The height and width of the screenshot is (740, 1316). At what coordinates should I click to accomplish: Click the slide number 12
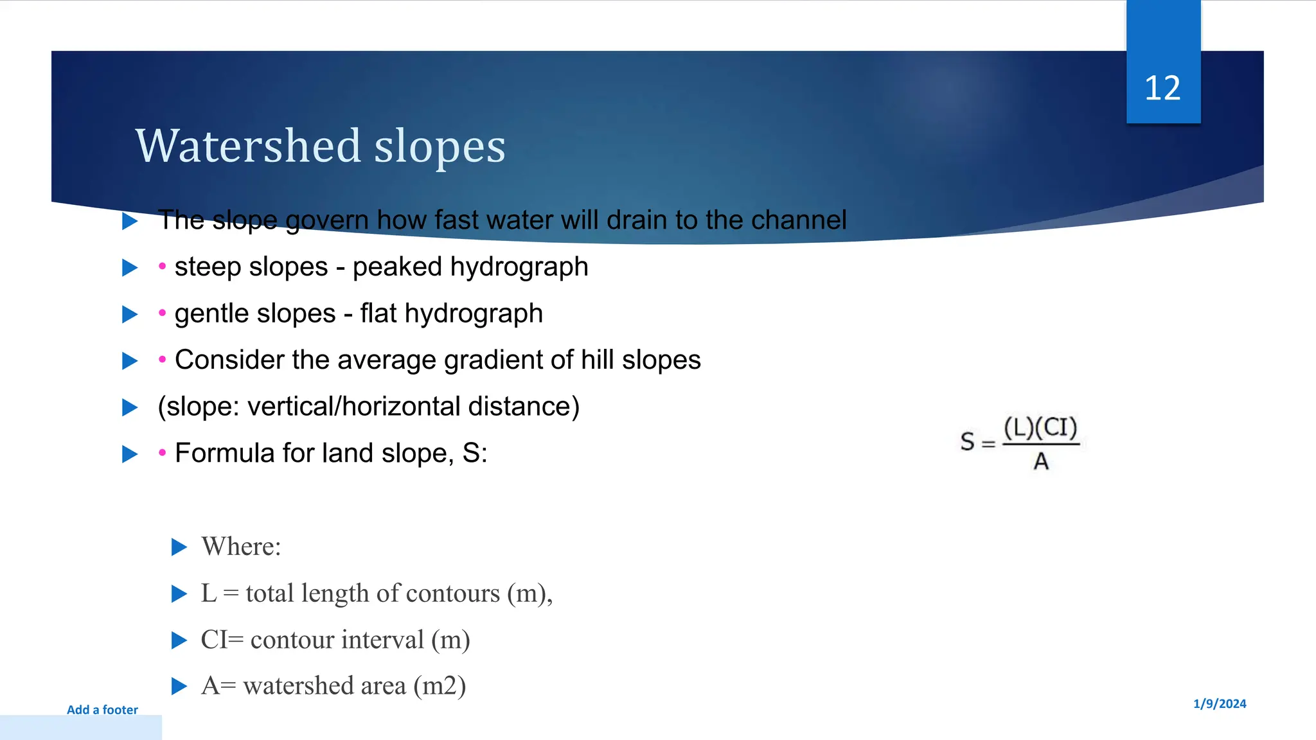pyautogui.click(x=1162, y=88)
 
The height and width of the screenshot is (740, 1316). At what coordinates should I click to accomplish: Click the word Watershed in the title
pyautogui.click(x=249, y=146)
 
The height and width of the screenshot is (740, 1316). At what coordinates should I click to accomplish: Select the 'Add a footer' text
pyautogui.click(x=102, y=710)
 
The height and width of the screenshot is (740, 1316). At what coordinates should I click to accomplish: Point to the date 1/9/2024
pyautogui.click(x=1219, y=704)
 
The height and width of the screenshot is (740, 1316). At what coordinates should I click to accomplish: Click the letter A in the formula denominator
pyautogui.click(x=1041, y=462)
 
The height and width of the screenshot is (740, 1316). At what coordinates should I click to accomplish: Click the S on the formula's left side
pyautogui.click(x=967, y=442)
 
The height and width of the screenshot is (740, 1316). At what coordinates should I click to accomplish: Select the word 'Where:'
pyautogui.click(x=241, y=547)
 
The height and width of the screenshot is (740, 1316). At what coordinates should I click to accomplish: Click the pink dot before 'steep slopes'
pyautogui.click(x=163, y=266)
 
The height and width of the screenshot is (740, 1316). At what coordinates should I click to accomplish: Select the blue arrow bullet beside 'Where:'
pyautogui.click(x=179, y=547)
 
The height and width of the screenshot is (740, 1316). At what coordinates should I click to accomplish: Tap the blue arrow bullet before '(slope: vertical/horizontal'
pyautogui.click(x=130, y=407)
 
